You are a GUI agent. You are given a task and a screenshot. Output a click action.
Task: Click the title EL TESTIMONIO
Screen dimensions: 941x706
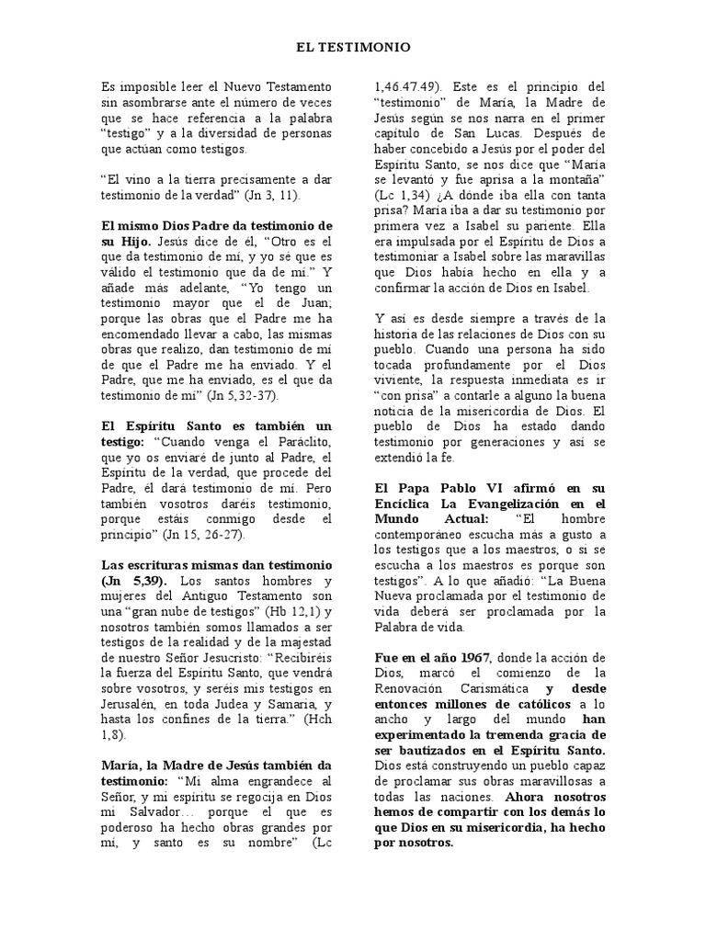click(x=353, y=46)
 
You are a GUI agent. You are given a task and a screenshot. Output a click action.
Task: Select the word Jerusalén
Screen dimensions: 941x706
click(x=132, y=702)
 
